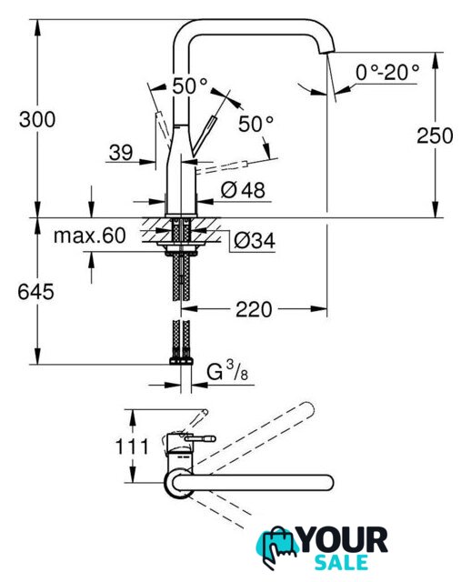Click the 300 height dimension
pos(37,120)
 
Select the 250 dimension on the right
pos(435,135)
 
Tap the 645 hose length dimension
pos(35,292)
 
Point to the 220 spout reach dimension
pos(254,309)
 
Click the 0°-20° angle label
pos(387,72)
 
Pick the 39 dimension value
pos(121,153)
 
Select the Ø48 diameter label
pos(243,190)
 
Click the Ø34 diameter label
pos(255,241)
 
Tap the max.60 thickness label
pos(90,236)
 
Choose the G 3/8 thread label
pos(227,372)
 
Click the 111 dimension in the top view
pos(132,447)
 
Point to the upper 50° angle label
pos(190,86)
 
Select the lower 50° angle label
pos(256,124)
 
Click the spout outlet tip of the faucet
pos(327,51)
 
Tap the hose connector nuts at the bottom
pos(182,361)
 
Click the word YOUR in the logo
pos(344,541)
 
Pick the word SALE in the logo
pos(341,563)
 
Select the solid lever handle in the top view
pos(200,439)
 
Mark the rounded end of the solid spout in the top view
pos(328,483)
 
